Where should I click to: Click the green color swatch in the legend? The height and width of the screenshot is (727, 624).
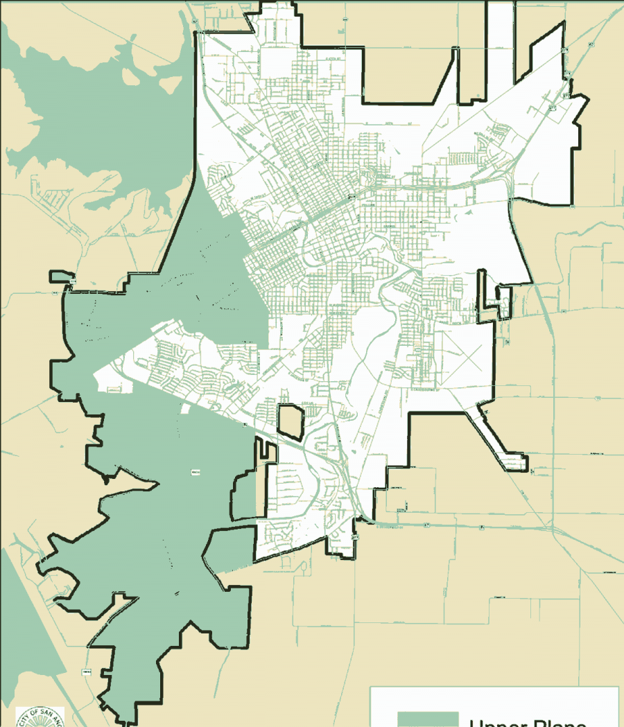point(428,719)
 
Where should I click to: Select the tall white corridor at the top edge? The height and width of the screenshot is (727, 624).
point(500,49)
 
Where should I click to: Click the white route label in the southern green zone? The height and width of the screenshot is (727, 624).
point(195,474)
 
